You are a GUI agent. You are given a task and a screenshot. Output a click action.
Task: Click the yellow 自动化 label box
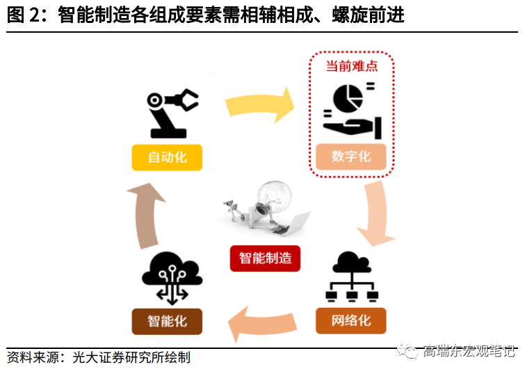click(167, 157)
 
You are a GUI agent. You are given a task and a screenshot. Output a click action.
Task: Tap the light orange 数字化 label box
click(351, 157)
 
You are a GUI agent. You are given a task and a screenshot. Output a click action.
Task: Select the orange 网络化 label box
click(350, 320)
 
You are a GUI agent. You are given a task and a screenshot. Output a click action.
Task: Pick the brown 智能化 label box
click(167, 321)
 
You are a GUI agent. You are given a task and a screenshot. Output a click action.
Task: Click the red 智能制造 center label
click(265, 258)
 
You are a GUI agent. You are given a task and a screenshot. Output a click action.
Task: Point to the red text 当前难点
click(351, 67)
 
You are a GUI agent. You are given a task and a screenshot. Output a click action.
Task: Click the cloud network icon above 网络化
click(350, 279)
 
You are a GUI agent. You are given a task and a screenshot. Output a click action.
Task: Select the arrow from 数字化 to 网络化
click(377, 212)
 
